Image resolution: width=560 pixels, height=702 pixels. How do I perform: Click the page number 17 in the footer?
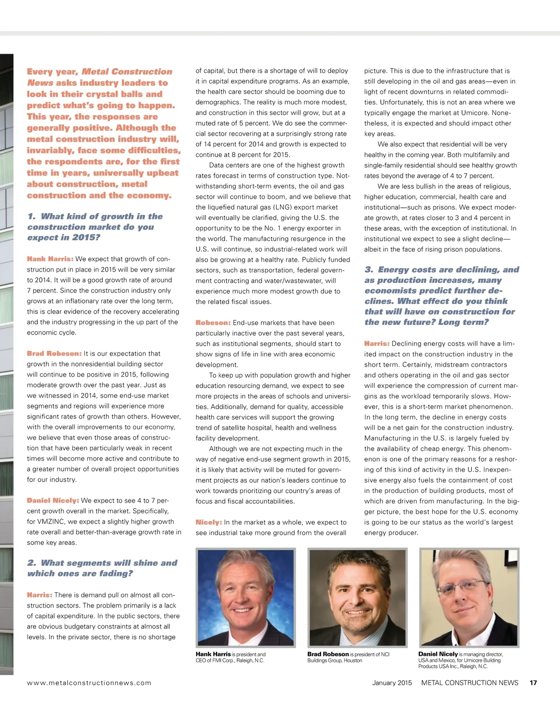coord(533,683)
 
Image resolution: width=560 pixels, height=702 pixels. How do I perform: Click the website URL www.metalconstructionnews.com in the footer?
coord(89,683)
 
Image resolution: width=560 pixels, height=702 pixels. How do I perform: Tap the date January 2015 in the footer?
coord(392,683)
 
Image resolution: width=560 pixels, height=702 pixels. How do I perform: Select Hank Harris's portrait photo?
coord(245,597)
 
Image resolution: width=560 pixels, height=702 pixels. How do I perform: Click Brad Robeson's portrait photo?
coord(357,597)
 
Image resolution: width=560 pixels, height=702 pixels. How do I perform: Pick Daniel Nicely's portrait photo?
coord(469,597)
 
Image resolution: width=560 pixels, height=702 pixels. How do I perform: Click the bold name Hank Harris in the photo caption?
coord(213,654)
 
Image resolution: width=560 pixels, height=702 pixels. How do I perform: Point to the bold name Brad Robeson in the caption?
coord(328,654)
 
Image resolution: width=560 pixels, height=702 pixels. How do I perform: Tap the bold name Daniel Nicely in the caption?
coord(438,654)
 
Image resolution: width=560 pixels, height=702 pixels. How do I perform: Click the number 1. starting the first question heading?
coord(32,217)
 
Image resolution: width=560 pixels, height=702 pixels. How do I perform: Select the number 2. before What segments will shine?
coord(32,563)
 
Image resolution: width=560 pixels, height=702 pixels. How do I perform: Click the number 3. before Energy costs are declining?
coord(369,270)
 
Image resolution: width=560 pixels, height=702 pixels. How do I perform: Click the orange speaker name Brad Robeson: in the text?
coord(54,354)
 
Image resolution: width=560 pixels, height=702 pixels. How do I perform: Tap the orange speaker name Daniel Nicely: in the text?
coord(53,500)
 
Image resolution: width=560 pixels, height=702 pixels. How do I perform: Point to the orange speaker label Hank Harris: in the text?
coord(50,259)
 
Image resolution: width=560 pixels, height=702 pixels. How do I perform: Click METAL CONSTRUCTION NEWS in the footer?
coord(469,683)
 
